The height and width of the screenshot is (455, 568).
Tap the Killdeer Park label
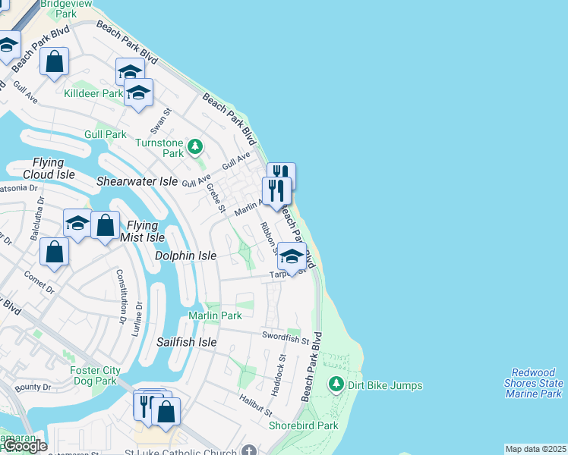[x=93, y=93]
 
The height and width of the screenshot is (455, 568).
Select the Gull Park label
[x=106, y=134]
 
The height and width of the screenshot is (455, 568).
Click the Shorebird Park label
[x=303, y=425]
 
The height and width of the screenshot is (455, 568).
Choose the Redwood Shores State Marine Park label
[x=536, y=383]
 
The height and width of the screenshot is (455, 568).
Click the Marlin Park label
[x=215, y=315]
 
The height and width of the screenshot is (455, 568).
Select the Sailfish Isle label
[x=186, y=343]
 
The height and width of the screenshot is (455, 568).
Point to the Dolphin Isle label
[x=185, y=256]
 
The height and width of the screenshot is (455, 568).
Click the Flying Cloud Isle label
[x=49, y=168]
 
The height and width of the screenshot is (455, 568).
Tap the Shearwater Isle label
[x=136, y=182]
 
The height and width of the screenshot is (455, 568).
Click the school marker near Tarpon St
[x=292, y=256]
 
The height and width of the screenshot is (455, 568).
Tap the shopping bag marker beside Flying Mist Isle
[x=105, y=225]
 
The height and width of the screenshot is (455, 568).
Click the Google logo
[x=25, y=446]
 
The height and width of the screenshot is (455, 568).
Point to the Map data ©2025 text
[x=535, y=449]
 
